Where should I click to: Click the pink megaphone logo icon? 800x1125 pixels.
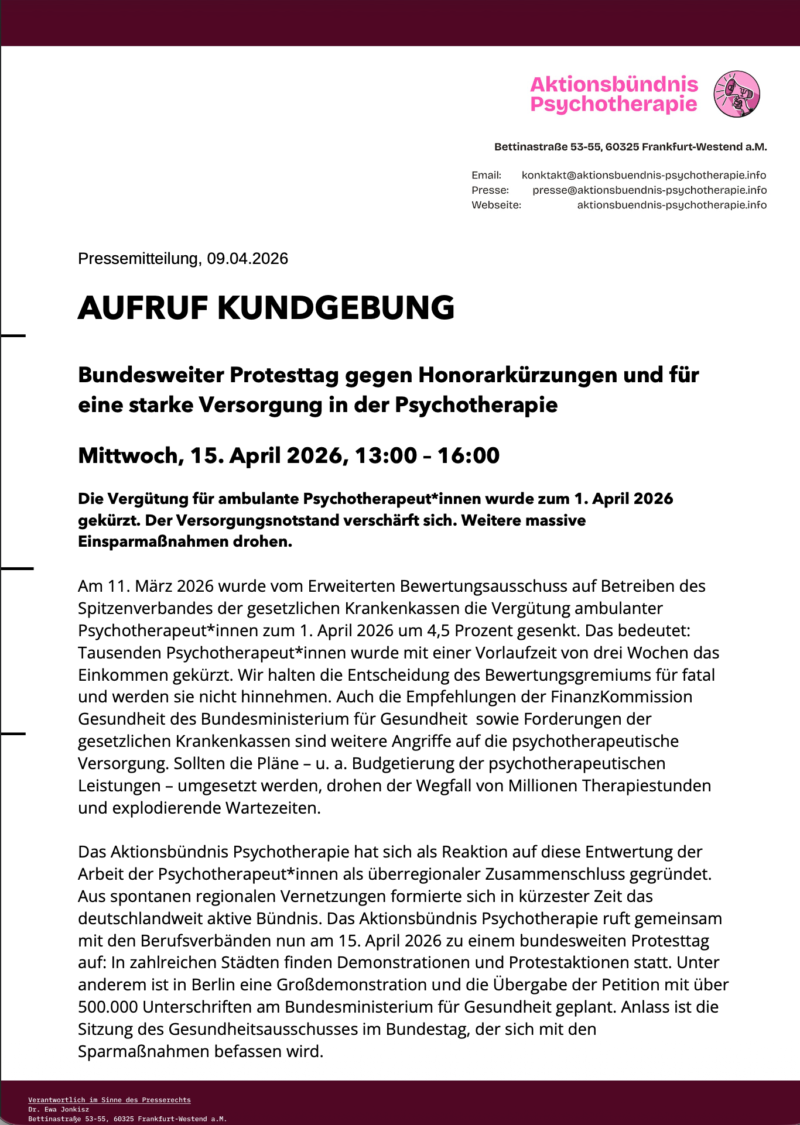(736, 94)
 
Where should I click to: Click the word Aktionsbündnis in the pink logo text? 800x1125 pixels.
(614, 84)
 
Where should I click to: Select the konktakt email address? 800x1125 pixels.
(644, 175)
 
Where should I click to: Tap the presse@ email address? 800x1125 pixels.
(649, 190)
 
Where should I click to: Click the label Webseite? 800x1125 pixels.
(496, 205)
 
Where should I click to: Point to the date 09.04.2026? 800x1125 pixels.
(247, 259)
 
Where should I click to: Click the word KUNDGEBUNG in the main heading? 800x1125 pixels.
(336, 308)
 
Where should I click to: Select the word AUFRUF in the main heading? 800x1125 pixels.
(143, 308)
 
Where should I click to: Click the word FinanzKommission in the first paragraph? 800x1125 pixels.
(621, 697)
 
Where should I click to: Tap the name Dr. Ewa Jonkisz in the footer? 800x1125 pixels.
(59, 1109)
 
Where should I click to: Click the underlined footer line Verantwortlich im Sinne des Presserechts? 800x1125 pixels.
(110, 1100)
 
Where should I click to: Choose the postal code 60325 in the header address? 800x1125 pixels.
(622, 147)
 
